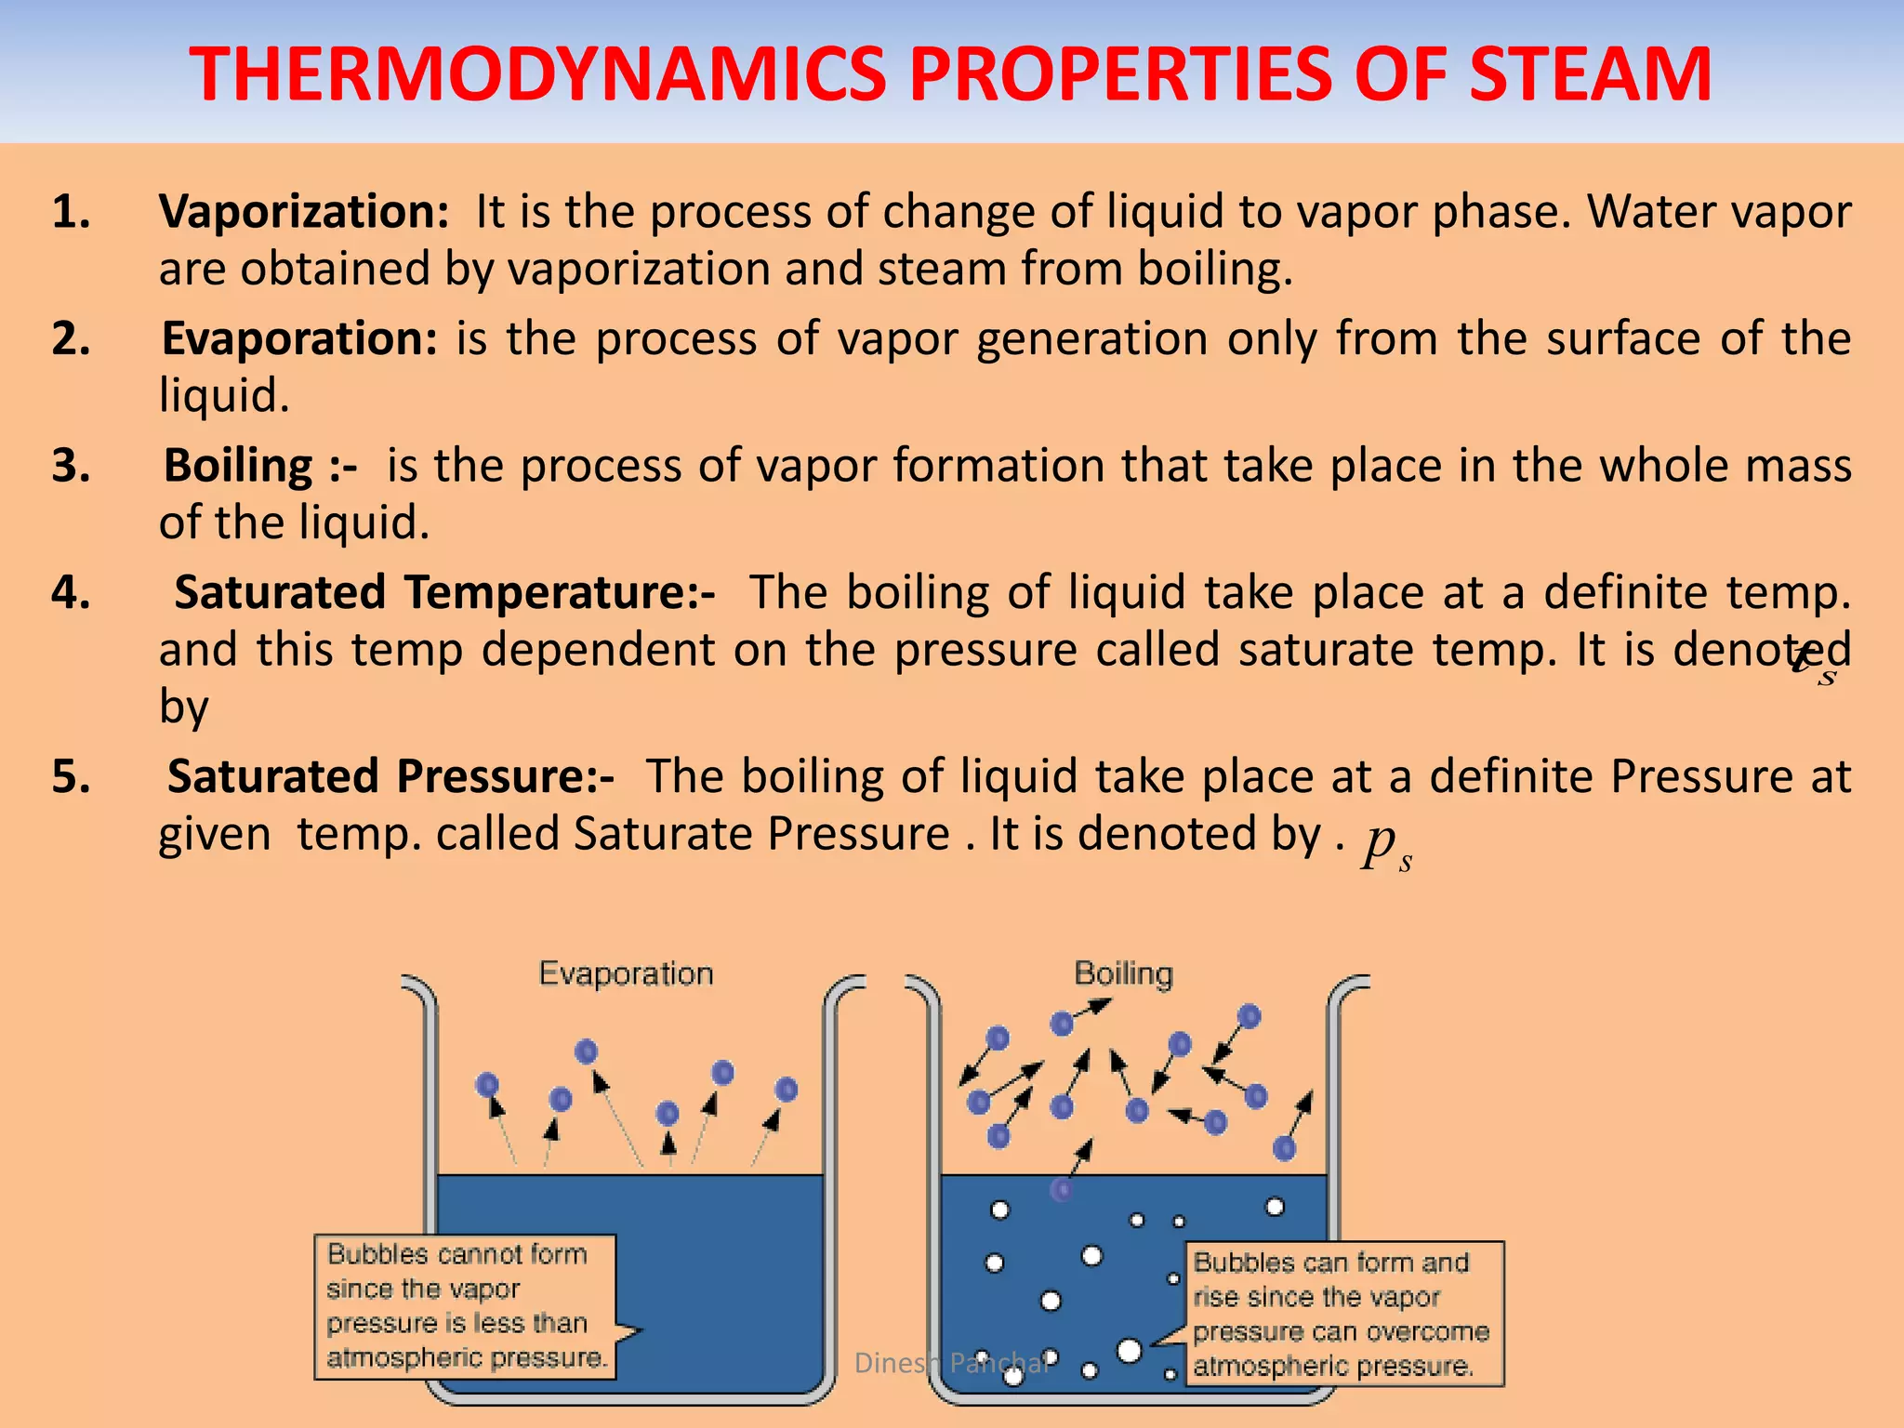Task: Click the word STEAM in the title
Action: [1590, 74]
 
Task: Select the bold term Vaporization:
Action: [304, 212]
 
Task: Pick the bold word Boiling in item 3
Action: [239, 466]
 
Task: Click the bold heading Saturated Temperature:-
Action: [444, 592]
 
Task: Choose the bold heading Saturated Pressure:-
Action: [390, 776]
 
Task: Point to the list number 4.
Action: [71, 592]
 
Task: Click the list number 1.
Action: [71, 212]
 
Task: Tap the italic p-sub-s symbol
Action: [1386, 844]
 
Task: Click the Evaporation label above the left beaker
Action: [626, 973]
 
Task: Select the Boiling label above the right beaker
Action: [1123, 973]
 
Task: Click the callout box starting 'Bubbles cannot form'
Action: [465, 1306]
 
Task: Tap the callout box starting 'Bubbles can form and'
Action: [1343, 1314]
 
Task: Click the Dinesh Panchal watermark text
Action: [952, 1363]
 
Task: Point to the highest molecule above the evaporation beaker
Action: [586, 1051]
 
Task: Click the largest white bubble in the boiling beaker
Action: [1129, 1350]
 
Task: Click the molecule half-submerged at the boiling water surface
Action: [1061, 1188]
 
